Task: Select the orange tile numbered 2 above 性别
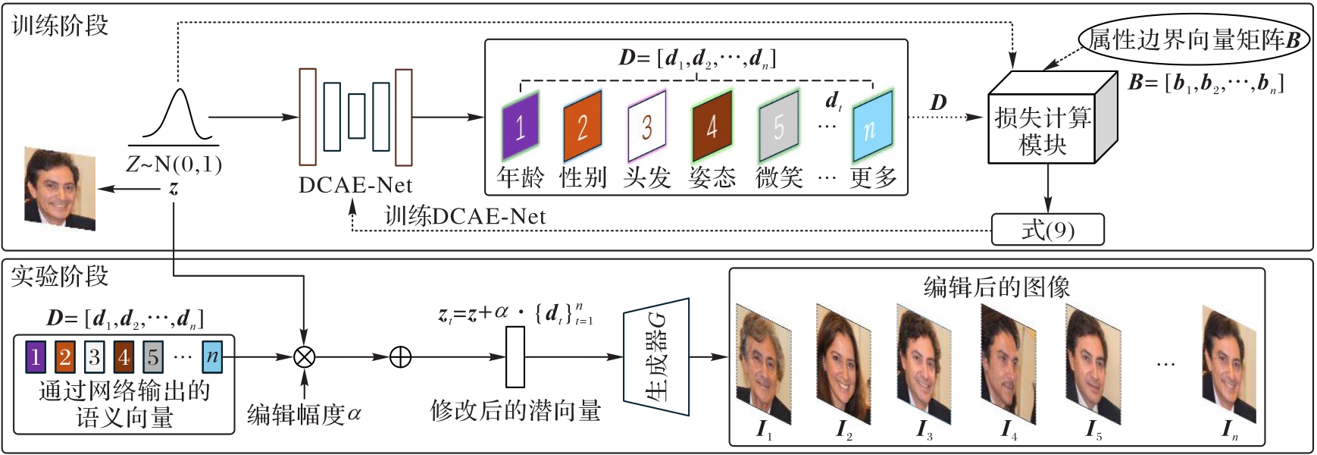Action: (582, 125)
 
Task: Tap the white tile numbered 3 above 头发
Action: (646, 125)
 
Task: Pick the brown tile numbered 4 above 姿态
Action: (712, 125)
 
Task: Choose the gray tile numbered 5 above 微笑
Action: (778, 125)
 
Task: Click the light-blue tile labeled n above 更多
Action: (871, 125)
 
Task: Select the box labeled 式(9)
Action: (1047, 230)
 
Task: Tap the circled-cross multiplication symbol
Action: (304, 356)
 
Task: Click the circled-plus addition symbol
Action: (399, 356)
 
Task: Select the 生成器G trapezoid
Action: (656, 357)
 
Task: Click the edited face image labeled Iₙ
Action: (1228, 362)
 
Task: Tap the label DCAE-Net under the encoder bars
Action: (355, 185)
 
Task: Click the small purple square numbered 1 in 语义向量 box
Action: (35, 356)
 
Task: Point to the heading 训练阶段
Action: (60, 26)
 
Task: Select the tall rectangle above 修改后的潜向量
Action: (515, 356)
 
